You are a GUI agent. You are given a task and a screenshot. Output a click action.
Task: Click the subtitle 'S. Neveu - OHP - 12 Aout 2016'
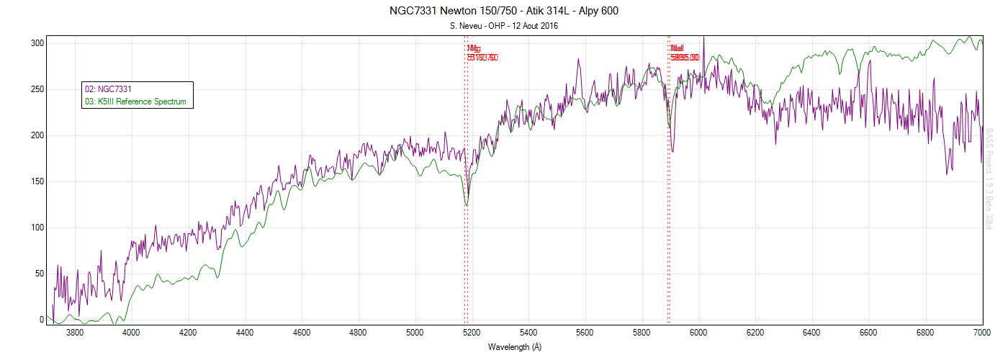point(503,26)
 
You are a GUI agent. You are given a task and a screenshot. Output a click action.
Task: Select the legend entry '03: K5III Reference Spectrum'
point(135,102)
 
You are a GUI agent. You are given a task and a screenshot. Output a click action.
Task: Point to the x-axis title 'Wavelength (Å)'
point(514,347)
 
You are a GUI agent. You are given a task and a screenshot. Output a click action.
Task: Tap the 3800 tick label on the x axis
point(74,333)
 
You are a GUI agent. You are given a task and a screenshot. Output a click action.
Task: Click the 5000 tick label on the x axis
point(415,333)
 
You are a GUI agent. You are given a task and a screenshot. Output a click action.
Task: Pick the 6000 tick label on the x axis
point(698,333)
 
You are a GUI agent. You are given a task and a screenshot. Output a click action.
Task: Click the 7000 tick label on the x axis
point(982,333)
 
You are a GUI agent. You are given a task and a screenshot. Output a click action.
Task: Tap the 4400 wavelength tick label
point(245,333)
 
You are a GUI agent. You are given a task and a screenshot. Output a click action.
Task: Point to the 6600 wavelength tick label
point(868,333)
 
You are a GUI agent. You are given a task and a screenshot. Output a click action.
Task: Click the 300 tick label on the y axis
point(37,43)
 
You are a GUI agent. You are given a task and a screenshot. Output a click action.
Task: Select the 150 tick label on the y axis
point(37,181)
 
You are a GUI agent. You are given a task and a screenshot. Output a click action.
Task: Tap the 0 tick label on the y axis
point(41,320)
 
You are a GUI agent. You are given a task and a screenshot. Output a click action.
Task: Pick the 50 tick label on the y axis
point(39,274)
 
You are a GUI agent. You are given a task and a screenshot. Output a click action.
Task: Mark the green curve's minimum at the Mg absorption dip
point(467,205)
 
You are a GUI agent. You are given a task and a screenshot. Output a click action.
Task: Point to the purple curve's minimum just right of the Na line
point(672,151)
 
